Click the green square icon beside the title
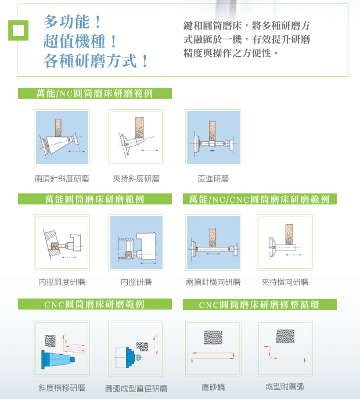[x=18, y=30]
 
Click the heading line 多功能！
[x=73, y=23]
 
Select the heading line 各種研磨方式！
[x=96, y=60]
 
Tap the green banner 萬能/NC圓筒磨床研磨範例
[x=95, y=93]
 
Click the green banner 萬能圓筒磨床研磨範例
[x=95, y=199]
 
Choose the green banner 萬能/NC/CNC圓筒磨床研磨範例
[x=260, y=199]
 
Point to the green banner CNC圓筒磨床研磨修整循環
[x=259, y=304]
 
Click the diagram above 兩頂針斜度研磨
[x=62, y=138]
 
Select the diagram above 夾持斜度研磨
[x=136, y=138]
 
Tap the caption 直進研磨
[x=213, y=178]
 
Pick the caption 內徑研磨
[x=136, y=282]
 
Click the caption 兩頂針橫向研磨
[x=213, y=282]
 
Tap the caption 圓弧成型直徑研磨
[x=136, y=388]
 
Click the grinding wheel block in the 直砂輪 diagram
[x=213, y=337]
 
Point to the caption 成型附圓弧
[x=285, y=387]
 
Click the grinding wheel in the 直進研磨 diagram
[x=213, y=131]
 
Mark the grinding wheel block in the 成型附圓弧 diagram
[x=285, y=336]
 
